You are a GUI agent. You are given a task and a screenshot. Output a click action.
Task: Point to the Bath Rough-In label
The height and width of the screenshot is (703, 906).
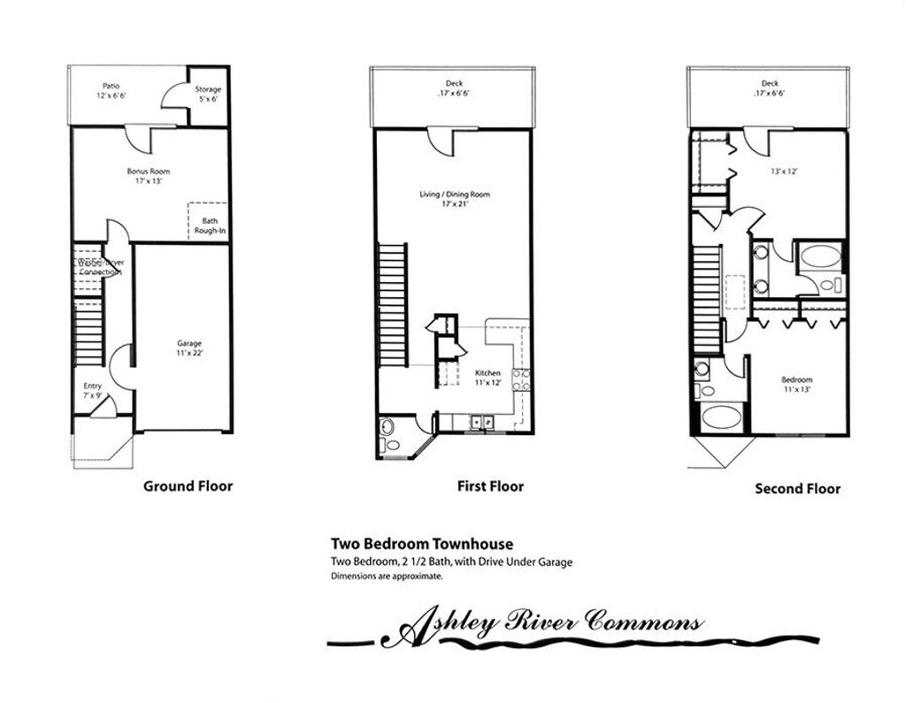[210, 225]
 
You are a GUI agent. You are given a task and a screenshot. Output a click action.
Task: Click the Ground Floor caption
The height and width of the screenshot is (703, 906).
[188, 485]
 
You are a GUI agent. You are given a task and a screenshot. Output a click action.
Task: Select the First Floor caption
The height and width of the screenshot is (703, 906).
[490, 485]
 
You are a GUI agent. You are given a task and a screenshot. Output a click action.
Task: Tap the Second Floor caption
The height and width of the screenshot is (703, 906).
[797, 488]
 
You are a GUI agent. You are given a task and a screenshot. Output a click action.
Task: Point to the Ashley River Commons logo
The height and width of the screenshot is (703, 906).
[549, 626]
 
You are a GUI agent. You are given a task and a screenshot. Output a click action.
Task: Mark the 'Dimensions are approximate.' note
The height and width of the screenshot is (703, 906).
[386, 577]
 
